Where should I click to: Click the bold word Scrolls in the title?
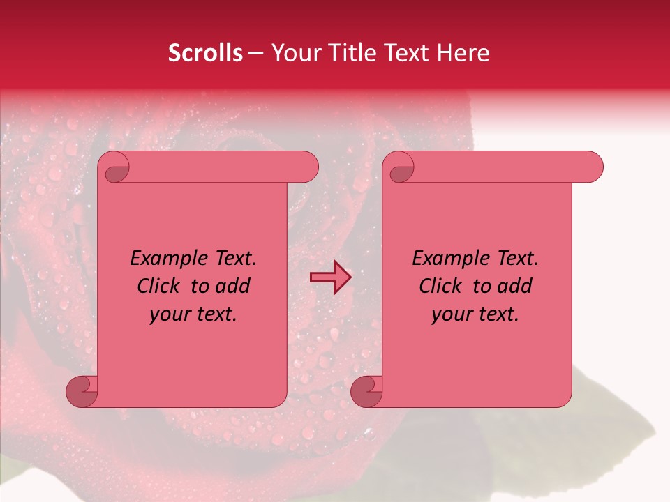click(205, 53)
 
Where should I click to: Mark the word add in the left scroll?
click(233, 287)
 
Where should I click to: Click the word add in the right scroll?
click(515, 287)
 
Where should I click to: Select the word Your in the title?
click(292, 53)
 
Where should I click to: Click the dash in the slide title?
click(256, 53)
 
